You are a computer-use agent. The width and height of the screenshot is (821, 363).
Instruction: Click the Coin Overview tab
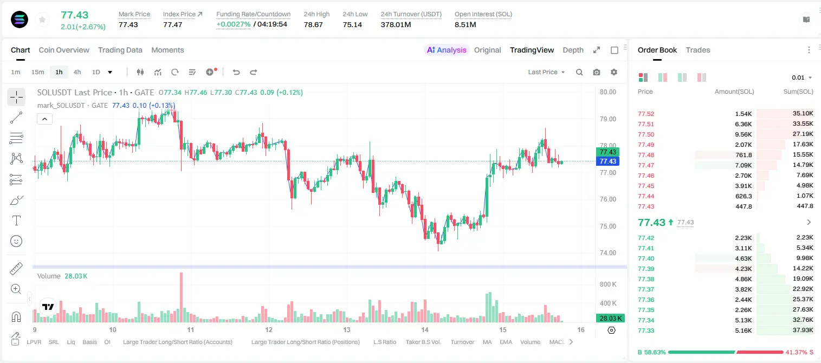pos(64,50)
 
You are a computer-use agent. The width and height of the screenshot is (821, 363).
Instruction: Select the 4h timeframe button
pos(77,72)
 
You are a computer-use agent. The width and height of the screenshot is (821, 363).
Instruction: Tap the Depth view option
pos(573,50)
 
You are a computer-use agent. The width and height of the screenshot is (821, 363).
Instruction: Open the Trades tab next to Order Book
pos(698,50)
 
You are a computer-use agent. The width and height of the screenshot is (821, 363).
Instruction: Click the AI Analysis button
pos(447,50)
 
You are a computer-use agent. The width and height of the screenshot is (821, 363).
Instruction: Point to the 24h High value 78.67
pos(313,24)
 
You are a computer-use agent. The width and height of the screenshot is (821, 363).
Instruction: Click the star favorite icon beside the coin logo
pos(42,20)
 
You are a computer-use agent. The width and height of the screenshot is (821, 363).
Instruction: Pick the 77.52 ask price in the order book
pos(646,114)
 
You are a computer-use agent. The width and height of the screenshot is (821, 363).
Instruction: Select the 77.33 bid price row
pos(646,330)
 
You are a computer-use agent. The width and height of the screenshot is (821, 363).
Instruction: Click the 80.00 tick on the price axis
pos(607,92)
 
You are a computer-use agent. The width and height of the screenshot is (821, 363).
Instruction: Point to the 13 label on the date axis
pos(346,329)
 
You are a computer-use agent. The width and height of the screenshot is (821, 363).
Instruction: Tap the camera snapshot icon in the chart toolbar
pos(597,72)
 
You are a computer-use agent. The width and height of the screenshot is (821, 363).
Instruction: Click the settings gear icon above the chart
pos(614,72)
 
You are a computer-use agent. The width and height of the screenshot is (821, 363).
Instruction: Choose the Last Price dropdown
pos(546,72)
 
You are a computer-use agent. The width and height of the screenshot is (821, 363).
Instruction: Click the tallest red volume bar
pos(181,297)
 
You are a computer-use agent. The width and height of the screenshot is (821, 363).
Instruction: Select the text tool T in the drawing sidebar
pos(16,221)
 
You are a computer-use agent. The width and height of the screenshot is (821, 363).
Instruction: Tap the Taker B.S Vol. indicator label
pos(423,342)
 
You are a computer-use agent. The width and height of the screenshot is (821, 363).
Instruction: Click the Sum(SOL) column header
pos(798,92)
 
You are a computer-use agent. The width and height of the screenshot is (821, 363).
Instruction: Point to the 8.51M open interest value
pos(465,24)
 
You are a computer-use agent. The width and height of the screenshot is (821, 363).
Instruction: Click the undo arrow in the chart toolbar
pos(236,72)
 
